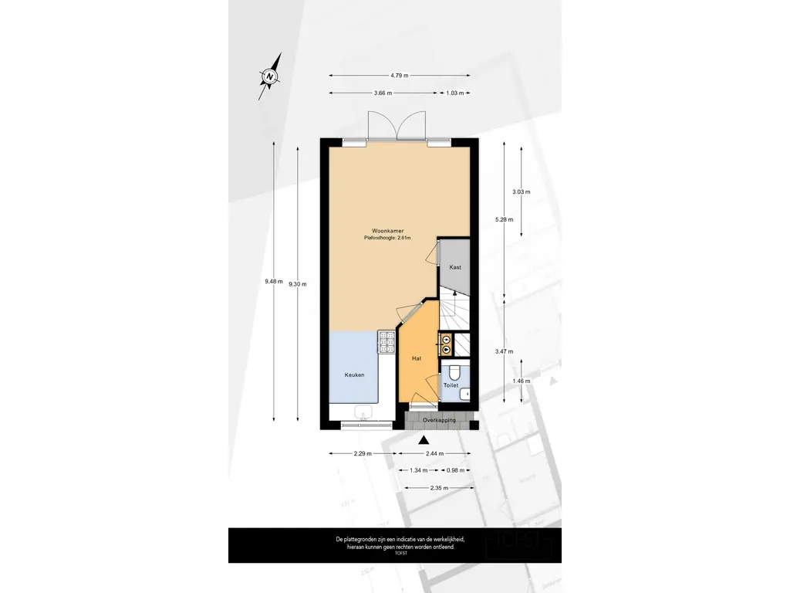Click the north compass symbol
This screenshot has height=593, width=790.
point(269,76)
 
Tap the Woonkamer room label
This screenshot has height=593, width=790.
point(387,231)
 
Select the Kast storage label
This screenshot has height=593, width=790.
point(455,267)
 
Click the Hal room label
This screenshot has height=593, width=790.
point(417,358)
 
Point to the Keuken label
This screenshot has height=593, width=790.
point(354,374)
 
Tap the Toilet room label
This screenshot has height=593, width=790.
point(451,385)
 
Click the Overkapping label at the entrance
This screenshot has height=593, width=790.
point(439,420)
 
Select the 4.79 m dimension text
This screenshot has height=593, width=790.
point(399,75)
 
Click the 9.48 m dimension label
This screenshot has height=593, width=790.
point(273,282)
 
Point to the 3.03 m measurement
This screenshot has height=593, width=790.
point(522,191)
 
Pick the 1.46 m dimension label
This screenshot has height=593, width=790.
point(522,381)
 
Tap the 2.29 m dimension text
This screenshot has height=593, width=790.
point(363,454)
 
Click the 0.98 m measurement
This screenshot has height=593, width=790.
point(457,470)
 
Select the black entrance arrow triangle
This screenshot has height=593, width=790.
point(423,440)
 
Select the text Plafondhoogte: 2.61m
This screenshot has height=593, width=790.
point(387,239)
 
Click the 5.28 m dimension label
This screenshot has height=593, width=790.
point(505,219)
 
